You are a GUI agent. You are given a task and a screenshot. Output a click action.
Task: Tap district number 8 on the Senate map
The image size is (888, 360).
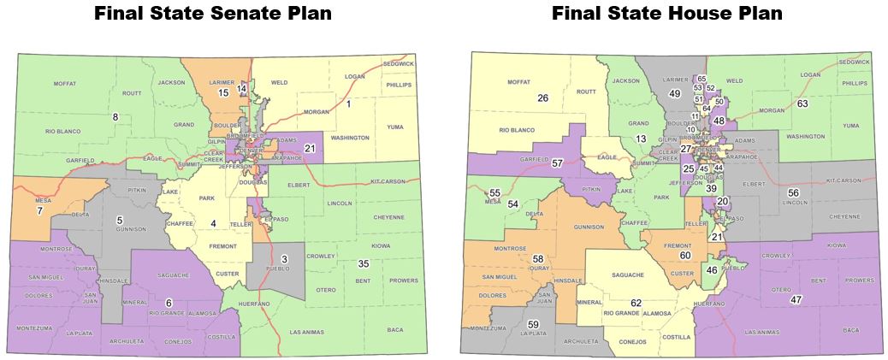click(115, 116)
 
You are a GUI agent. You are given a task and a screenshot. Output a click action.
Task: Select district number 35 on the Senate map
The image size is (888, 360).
click(364, 263)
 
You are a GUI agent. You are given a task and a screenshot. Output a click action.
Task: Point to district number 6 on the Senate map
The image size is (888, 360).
click(169, 302)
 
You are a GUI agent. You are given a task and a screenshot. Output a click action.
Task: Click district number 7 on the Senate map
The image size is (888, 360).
click(39, 210)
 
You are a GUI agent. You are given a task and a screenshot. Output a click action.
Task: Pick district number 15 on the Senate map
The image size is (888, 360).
click(223, 92)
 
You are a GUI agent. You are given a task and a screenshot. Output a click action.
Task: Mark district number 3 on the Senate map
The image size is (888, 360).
click(285, 258)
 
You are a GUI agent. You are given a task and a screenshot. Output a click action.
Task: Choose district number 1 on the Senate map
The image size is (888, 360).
click(348, 103)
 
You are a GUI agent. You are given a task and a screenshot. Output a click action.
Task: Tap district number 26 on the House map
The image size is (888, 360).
click(542, 98)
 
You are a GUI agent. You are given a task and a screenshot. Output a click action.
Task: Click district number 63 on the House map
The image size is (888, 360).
click(802, 103)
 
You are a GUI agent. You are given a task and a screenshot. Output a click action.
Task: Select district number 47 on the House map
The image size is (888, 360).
click(796, 299)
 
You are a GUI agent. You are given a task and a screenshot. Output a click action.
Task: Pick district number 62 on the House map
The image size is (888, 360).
click(636, 303)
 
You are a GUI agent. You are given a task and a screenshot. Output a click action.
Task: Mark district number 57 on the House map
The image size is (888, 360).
click(557, 162)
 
